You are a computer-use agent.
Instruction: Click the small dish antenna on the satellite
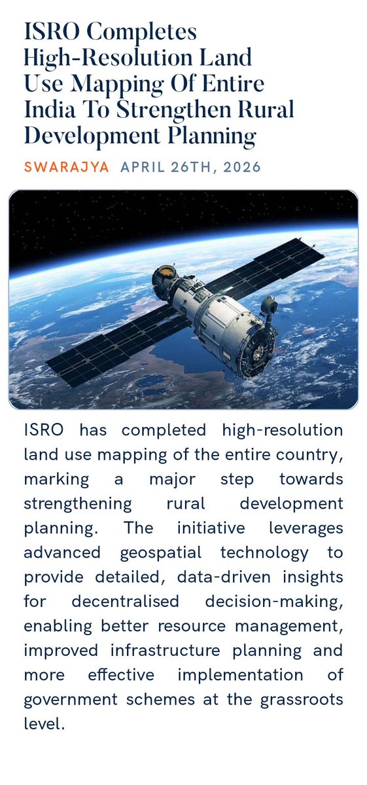[268, 304]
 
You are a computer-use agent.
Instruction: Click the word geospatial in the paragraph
[161, 552]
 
